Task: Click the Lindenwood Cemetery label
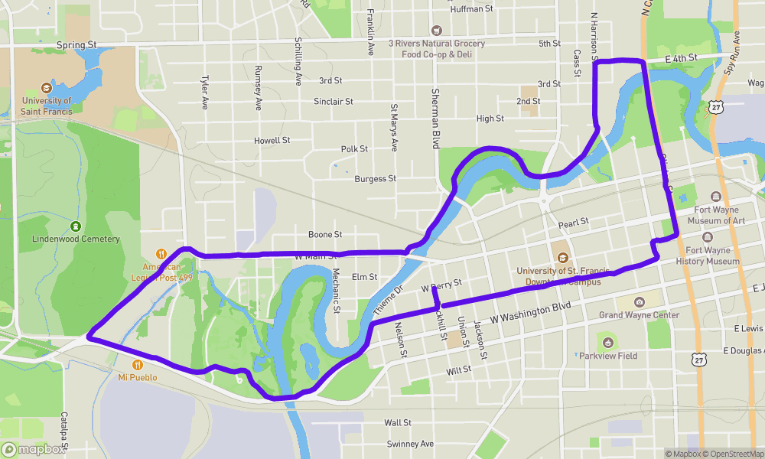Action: tap(76, 239)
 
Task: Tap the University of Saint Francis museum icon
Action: tap(47, 87)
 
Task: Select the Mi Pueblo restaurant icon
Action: tap(138, 365)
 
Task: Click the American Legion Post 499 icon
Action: tap(161, 254)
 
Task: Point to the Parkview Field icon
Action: tap(607, 341)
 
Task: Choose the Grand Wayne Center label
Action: tap(639, 315)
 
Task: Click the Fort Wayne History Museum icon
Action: tap(707, 239)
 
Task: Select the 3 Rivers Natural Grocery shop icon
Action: tap(436, 31)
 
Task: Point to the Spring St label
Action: tap(76, 45)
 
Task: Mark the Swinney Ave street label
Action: tap(410, 444)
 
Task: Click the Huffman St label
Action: tap(472, 9)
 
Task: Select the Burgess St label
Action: tap(375, 179)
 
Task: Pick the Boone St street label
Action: tap(324, 234)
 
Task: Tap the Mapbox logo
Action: tap(34, 450)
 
